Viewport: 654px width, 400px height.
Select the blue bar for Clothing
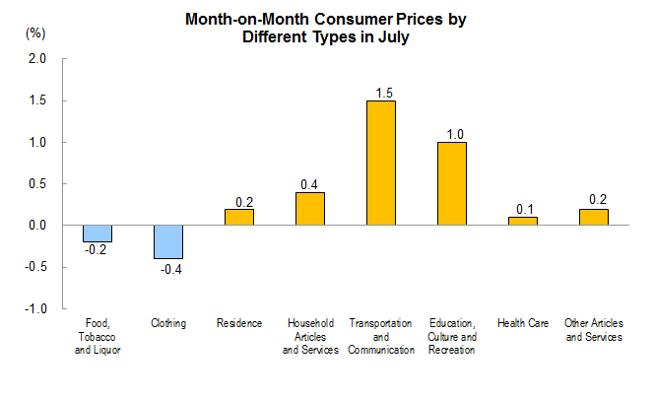[x=167, y=241]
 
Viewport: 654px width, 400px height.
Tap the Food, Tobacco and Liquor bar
[x=97, y=233]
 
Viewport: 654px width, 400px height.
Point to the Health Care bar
[x=522, y=221]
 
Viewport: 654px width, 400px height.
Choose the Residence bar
[x=238, y=217]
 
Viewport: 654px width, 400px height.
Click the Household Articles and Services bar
[x=309, y=208]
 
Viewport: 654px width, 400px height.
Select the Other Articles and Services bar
[x=593, y=217]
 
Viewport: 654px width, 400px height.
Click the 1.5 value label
[x=383, y=93]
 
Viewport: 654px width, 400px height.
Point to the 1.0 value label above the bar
[x=454, y=134]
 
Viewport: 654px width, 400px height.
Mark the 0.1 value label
[x=525, y=209]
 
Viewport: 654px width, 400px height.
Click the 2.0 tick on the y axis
[x=37, y=59]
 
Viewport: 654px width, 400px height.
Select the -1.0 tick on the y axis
[x=35, y=308]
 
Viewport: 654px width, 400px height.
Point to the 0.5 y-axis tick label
[x=37, y=184]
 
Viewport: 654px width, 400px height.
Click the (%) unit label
[x=35, y=33]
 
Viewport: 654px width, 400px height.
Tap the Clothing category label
[x=167, y=323]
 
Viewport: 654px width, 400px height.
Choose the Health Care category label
[x=522, y=323]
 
